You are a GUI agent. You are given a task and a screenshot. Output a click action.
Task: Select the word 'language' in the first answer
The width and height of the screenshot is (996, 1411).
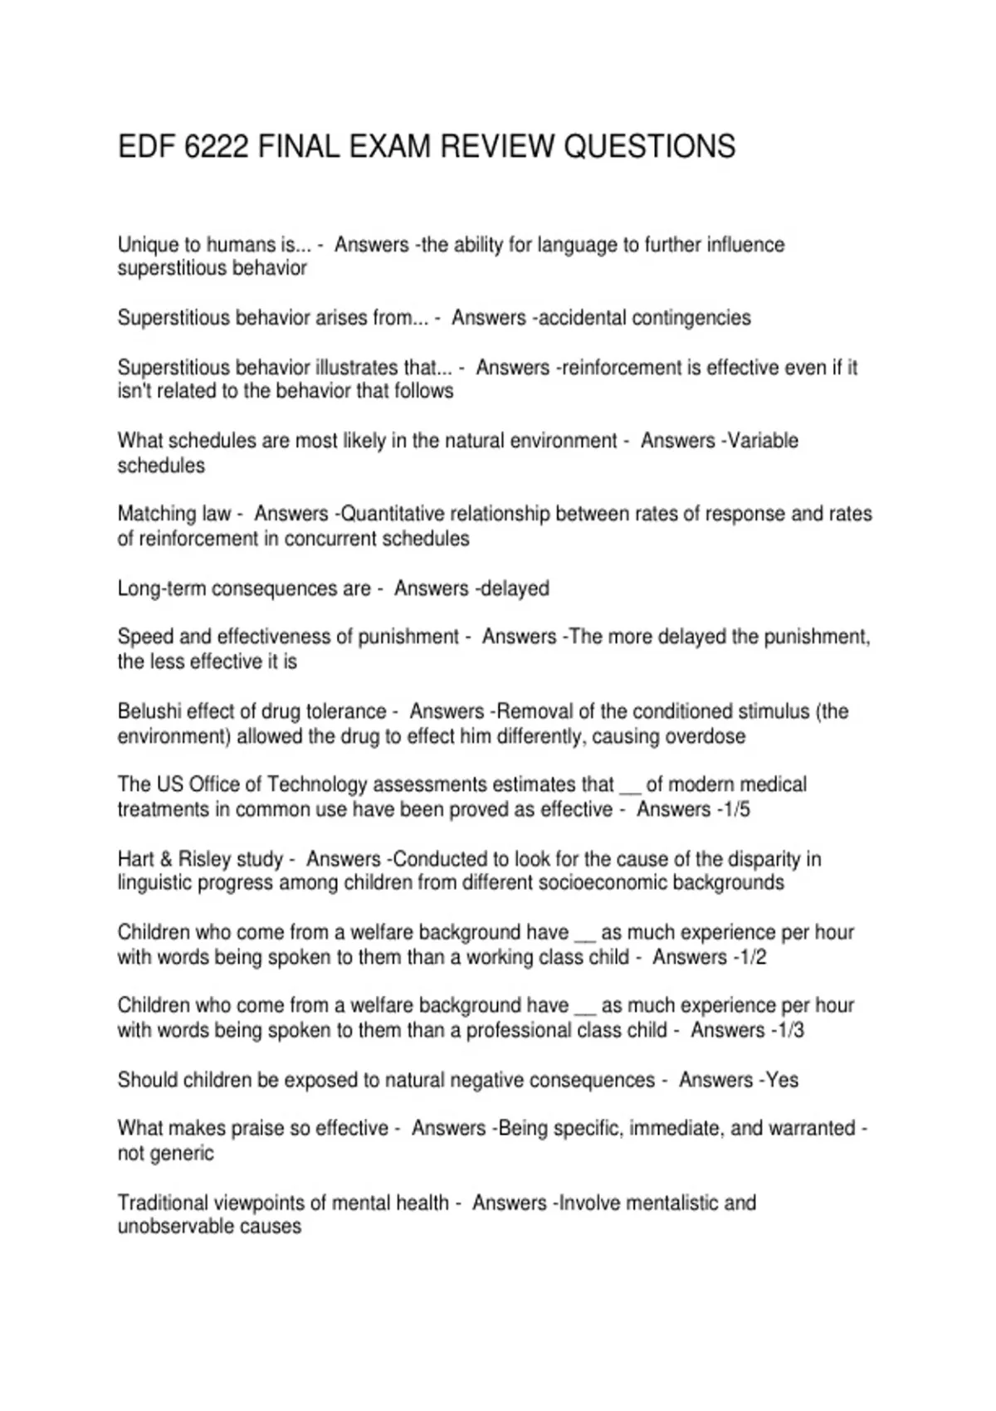(x=577, y=245)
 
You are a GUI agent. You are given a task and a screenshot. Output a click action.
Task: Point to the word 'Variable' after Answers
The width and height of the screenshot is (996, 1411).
(x=762, y=441)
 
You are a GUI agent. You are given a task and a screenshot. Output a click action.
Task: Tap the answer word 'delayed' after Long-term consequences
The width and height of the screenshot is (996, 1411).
(x=515, y=588)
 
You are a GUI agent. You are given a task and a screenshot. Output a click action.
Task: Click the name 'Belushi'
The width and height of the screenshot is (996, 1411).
(x=149, y=711)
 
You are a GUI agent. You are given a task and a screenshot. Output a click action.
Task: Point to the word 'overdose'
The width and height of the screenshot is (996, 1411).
(x=705, y=736)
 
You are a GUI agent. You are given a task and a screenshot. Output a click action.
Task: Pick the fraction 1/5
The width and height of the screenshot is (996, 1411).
(x=735, y=809)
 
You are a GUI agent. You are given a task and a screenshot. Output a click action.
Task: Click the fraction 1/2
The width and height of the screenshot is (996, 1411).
(x=751, y=957)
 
